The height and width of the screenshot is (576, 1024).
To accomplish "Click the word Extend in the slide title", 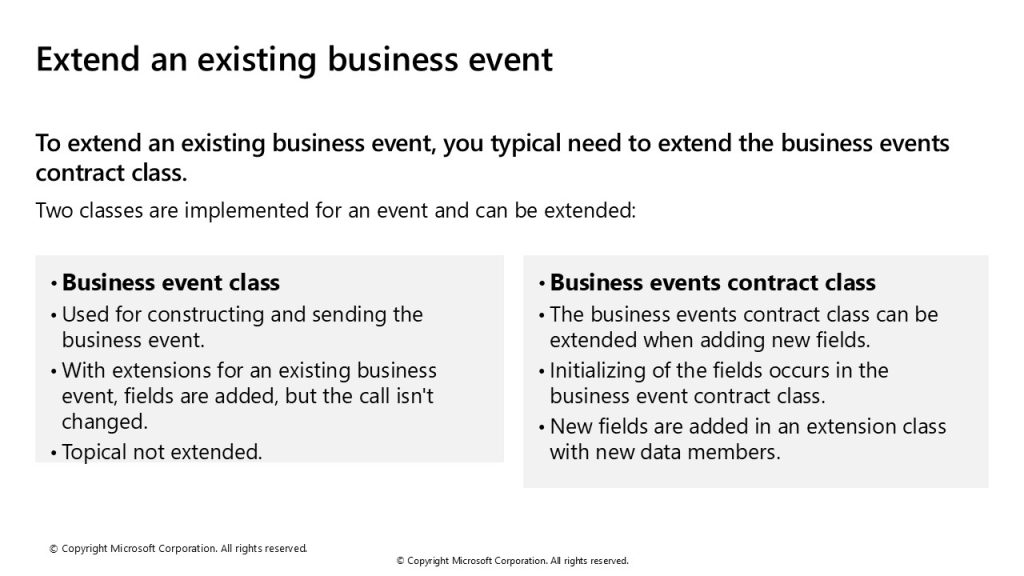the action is (88, 59).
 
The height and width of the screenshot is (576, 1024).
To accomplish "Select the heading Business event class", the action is (170, 282).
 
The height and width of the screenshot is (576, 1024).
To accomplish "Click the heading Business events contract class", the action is (712, 282).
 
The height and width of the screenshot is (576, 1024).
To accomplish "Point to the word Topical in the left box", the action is (94, 452).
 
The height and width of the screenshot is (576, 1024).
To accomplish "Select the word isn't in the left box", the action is (415, 396).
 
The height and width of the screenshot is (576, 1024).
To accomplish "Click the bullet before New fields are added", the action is (541, 428).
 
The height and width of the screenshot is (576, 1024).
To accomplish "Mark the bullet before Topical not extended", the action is (54, 454).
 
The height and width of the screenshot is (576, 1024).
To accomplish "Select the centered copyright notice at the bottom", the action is (513, 560).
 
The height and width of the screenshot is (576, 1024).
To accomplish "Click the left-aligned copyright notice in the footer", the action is (178, 549).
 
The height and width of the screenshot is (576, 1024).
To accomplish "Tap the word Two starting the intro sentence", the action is (54, 210).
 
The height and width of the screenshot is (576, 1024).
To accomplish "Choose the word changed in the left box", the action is (104, 422).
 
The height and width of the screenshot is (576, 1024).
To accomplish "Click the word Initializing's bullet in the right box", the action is (541, 373).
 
